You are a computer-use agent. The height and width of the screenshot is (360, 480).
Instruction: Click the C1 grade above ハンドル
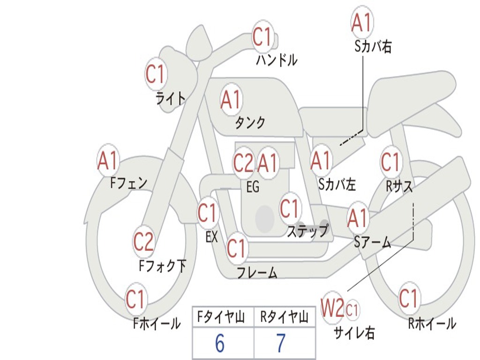pos(262,37)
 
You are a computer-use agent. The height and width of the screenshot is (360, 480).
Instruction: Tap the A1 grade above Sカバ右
pos(361,22)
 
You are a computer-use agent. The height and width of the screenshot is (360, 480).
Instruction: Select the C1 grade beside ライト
pos(156,74)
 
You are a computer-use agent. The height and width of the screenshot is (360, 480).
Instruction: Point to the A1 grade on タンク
pos(231,99)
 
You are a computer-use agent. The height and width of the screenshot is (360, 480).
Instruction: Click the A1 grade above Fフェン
pos(108,161)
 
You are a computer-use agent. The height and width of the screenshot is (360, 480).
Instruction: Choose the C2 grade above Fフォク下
pos(143,242)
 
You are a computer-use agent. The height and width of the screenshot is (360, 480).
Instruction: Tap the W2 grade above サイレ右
pos(332,308)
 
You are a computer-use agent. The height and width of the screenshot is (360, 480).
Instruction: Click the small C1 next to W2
pos(352,309)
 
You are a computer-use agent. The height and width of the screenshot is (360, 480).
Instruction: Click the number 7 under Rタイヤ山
pos(281,344)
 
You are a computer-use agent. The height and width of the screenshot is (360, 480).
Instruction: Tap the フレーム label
pos(256,272)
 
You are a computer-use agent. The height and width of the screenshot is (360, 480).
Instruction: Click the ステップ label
pos(307,231)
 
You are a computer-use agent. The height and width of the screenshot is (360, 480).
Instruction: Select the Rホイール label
pos(432,323)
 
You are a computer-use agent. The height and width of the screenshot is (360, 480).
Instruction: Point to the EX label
pos(211,237)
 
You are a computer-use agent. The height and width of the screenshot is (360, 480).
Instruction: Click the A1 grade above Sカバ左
pos(321,161)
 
